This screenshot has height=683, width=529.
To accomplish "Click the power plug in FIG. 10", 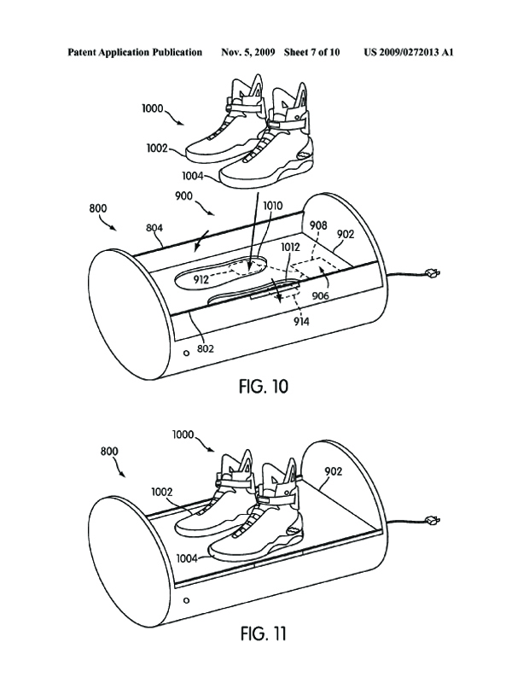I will pyautogui.click(x=431, y=272).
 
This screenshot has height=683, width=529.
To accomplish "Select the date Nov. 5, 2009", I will pyautogui.click(x=249, y=52).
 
